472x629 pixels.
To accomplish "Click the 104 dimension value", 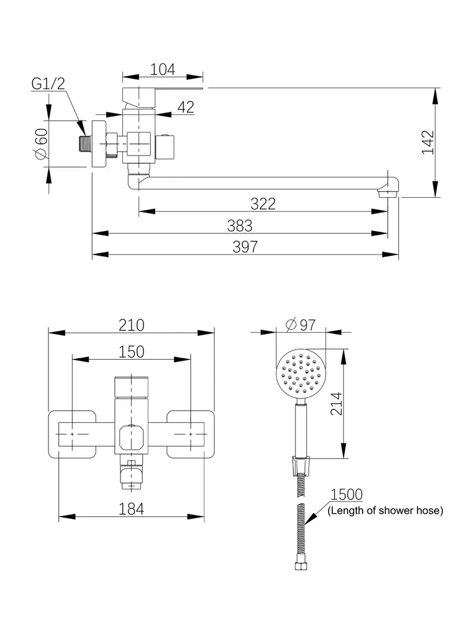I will tap(163, 70).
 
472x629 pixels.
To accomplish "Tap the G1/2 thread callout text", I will tap(48, 83).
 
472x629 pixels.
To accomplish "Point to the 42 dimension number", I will tap(186, 107).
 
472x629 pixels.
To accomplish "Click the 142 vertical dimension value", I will tap(428, 142).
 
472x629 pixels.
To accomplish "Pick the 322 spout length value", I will tap(263, 204).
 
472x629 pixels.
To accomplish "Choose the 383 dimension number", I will tap(240, 226).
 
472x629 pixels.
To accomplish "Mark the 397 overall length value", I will tap(245, 247).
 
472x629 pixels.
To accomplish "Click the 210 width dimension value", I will tap(131, 325).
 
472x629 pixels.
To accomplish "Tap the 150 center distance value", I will tap(131, 351).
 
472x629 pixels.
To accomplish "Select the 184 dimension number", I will tap(131, 509).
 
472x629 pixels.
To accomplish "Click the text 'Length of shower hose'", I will tap(385, 511).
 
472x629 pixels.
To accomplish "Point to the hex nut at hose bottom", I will tap(300, 566).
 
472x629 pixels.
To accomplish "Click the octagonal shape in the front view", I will tap(131, 436).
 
